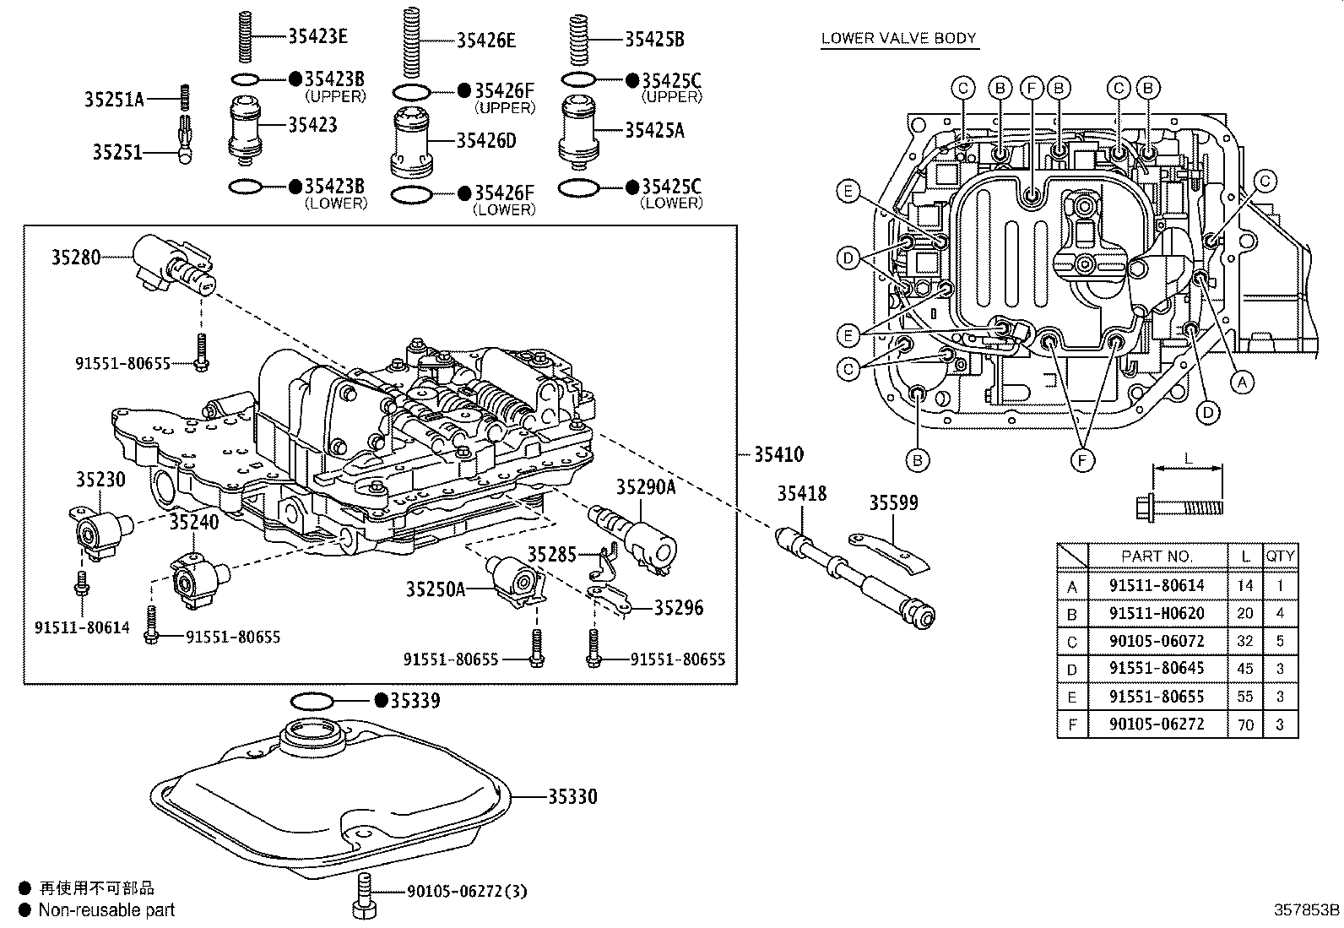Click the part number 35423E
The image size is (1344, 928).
pos(317,35)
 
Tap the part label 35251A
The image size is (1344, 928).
pos(114,100)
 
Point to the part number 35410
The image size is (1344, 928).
pos(778,454)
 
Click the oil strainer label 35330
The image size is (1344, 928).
pos(572,796)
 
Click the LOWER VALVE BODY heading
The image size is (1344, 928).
pos(898,38)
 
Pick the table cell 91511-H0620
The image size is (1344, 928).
pos(1156,613)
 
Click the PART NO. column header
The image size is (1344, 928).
pos(1156,556)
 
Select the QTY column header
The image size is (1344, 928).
pos(1280,556)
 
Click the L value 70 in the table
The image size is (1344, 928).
pos(1245,724)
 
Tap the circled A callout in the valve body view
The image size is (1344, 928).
pos(1240,383)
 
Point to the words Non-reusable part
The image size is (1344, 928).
pos(107,910)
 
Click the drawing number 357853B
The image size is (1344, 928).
pos(1306,910)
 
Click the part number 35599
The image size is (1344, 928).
pos(894,503)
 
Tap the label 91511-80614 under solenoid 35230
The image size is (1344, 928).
pos(82,627)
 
